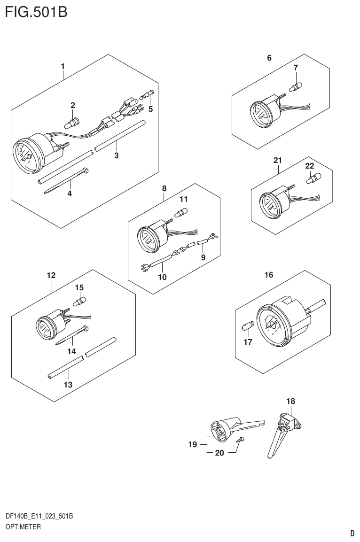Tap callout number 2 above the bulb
(73, 105)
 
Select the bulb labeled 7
(295, 86)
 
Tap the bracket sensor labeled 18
(283, 433)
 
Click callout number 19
(192, 444)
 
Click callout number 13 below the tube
(68, 385)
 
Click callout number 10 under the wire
(162, 277)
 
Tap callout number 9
(203, 257)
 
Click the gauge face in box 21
(268, 204)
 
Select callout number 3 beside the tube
(116, 155)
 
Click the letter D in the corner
(352, 533)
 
